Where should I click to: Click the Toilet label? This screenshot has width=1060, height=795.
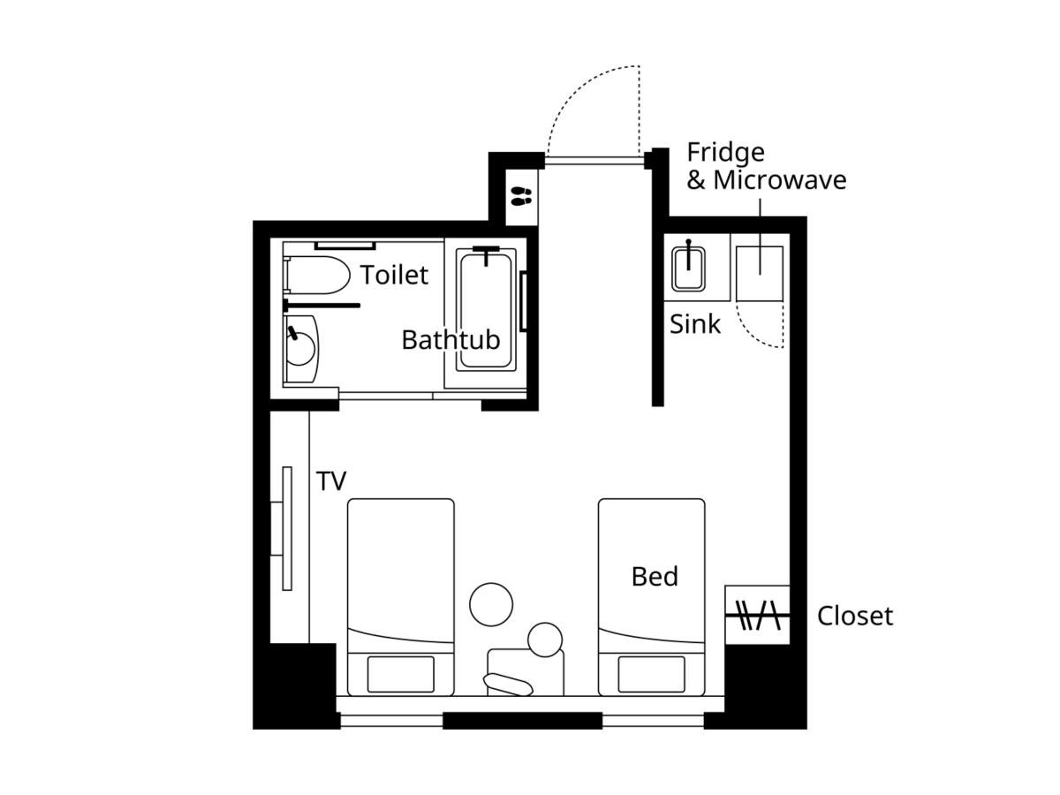[x=394, y=275]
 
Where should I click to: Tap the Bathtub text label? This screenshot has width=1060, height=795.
[x=450, y=340]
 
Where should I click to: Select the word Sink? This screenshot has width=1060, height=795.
[x=695, y=324]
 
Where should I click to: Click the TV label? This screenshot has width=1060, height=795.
[x=330, y=481]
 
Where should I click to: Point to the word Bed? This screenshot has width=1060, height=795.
[x=655, y=576]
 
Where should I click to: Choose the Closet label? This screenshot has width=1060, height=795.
[x=855, y=616]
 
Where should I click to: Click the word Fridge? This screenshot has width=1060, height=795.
[x=725, y=153]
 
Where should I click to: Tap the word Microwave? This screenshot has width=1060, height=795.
[x=779, y=180]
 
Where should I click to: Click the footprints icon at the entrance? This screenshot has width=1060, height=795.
[x=521, y=196]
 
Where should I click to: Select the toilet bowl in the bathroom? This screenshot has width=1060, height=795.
[x=317, y=275]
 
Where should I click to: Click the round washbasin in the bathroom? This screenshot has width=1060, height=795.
[x=299, y=349]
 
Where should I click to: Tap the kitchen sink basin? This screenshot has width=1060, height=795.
[x=688, y=268]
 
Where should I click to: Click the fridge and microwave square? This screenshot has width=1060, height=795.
[x=759, y=274]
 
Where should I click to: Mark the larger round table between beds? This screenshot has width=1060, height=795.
[x=491, y=604]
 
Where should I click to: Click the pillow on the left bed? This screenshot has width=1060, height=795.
[x=400, y=674]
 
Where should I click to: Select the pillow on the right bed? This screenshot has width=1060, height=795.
[x=651, y=674]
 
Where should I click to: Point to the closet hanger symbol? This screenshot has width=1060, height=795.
[x=757, y=616]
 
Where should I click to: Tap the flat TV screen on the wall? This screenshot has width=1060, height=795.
[x=287, y=528]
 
